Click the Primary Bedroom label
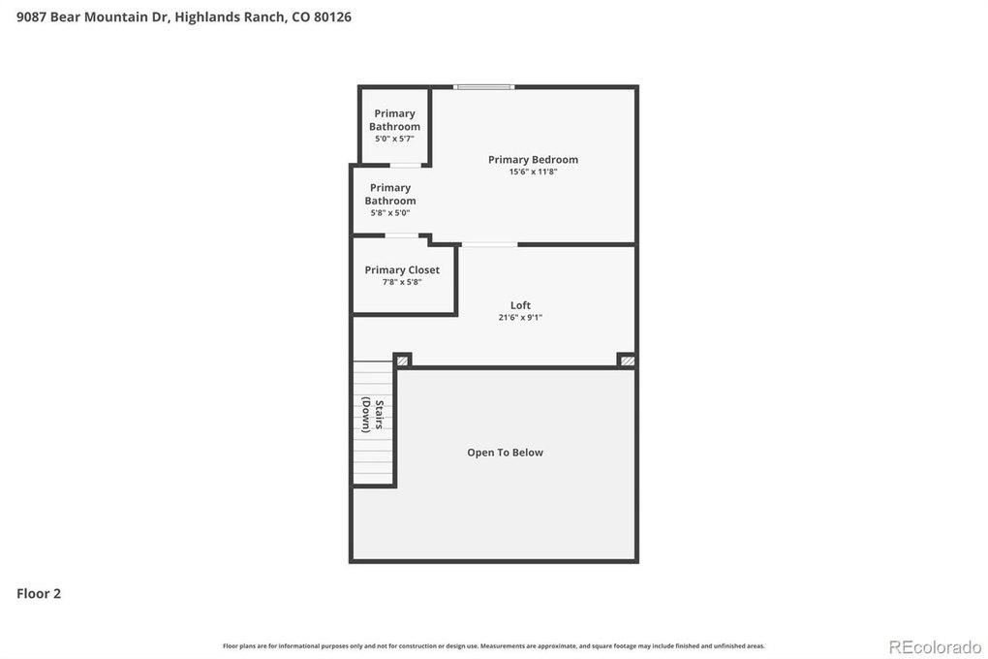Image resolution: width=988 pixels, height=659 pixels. [533, 160]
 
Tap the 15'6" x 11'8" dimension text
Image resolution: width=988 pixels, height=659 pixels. [533, 172]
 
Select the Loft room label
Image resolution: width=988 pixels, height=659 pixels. [520, 305]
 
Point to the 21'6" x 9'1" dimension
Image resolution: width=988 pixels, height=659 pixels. [520, 317]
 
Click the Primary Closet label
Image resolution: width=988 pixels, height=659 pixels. [402, 270]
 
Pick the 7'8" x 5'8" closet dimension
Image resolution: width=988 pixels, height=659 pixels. [402, 282]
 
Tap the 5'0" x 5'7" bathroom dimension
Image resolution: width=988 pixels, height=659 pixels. [394, 139]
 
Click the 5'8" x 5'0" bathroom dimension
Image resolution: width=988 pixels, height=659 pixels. [390, 213]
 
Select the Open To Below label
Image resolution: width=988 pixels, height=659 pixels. [505, 453]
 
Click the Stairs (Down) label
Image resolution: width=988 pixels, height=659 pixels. [372, 415]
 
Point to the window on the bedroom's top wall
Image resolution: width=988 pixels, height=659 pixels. [484, 87]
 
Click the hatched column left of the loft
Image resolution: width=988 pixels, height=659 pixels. [402, 361]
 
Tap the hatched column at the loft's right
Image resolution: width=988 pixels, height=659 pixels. [627, 361]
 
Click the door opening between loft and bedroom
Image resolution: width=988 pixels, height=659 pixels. [489, 244]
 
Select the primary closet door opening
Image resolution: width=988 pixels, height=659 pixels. [401, 235]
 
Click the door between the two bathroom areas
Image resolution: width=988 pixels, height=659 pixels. [406, 165]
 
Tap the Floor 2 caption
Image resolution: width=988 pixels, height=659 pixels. [39, 593]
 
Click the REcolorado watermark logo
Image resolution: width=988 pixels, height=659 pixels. [935, 647]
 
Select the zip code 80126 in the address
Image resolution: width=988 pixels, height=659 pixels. [332, 17]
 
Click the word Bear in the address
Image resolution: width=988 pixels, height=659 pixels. [65, 17]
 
